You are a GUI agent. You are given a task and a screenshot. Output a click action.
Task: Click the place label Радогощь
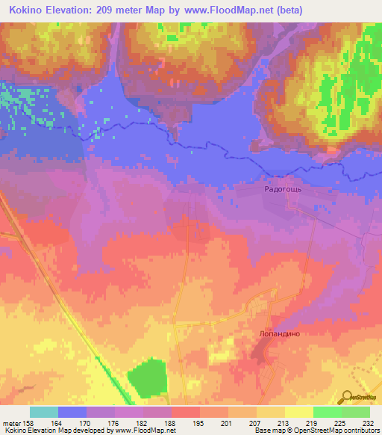coord(282,190)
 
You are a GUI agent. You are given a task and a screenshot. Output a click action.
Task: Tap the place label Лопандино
coord(280,335)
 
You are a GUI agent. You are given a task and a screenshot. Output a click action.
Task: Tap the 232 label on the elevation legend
coord(367,422)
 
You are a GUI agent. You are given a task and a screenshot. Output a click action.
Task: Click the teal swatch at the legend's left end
coord(44,412)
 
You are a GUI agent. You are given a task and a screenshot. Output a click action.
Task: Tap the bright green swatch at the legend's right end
coord(356,412)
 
